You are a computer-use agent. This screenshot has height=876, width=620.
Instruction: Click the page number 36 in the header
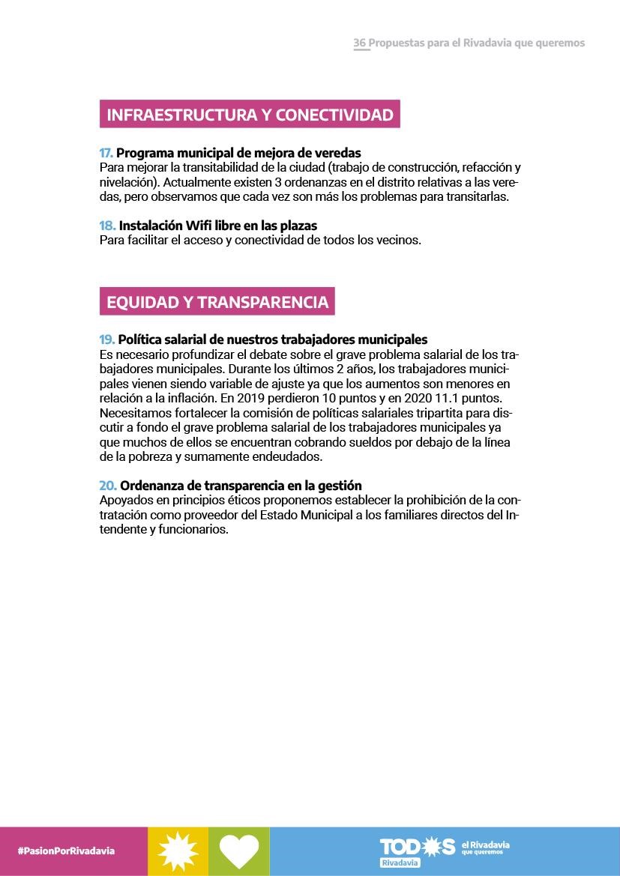click(x=360, y=43)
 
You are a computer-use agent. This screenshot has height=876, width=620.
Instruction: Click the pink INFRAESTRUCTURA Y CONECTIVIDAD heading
click(x=250, y=115)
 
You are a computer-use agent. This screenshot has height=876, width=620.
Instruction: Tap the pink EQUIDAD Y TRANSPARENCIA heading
click(x=217, y=301)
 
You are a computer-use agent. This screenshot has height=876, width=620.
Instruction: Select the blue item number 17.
click(x=106, y=154)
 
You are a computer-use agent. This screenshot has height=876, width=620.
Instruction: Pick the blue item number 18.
click(x=107, y=226)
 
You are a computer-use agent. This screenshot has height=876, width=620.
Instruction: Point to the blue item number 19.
click(x=107, y=339)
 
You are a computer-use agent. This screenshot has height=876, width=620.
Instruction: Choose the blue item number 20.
click(x=108, y=486)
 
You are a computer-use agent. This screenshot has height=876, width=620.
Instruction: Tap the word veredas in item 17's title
click(x=335, y=154)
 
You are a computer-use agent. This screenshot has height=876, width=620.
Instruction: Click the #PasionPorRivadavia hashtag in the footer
click(x=66, y=851)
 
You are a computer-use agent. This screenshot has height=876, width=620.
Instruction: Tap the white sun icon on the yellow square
click(x=178, y=851)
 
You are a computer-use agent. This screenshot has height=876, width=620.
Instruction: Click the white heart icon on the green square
click(x=238, y=851)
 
